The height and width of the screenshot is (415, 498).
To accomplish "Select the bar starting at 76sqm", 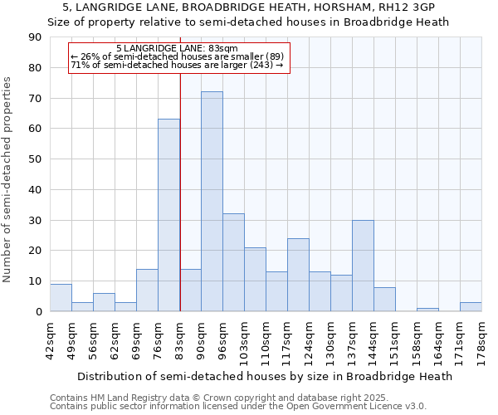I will pos(168,216).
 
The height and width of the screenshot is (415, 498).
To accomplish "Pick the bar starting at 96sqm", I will pos(233,262).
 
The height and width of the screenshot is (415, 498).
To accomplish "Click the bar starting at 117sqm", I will pos(298,275).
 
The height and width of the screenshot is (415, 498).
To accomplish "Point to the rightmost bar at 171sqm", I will pos(471,307).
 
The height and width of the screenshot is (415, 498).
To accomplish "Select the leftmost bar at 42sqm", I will pos(61,298).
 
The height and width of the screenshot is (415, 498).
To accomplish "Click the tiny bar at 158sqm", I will pos(427,310).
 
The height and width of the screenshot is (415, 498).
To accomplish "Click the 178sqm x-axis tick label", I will pos(482,340).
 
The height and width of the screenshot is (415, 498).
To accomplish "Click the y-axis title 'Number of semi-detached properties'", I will pos(8,179).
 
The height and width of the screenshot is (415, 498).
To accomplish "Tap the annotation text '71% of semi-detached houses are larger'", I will pos(177,65).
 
